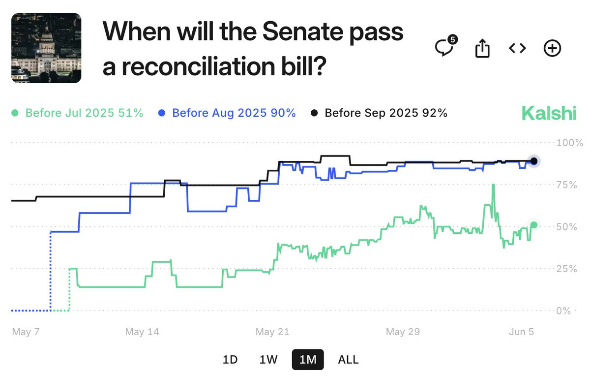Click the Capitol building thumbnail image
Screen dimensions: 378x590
coord(46,48)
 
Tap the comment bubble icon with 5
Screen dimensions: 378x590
coord(445,48)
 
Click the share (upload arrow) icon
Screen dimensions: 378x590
coord(482,48)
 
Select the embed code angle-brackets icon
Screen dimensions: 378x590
coord(517,48)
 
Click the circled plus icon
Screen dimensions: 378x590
coord(552,48)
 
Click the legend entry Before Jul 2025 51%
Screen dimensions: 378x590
coord(77,113)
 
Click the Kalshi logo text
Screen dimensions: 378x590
coord(549,114)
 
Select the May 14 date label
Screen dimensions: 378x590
coord(142,332)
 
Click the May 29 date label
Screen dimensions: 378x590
coord(403,332)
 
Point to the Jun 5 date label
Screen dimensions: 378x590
coord(521,332)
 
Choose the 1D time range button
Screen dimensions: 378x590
coord(230,360)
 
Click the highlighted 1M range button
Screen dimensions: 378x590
coord(308,360)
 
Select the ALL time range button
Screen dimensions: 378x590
coord(348,360)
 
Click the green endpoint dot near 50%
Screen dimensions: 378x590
coord(534,225)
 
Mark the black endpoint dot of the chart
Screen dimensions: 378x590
coord(534,161)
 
